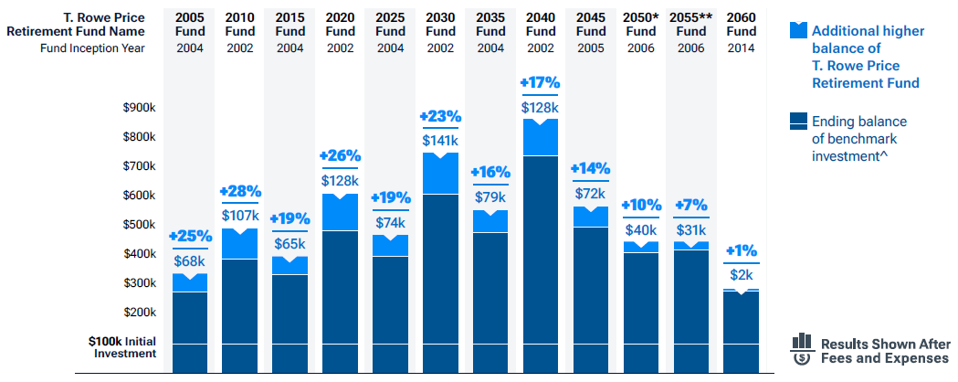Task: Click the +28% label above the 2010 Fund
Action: [x=240, y=191]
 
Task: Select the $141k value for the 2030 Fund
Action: [x=441, y=141]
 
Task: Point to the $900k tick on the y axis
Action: [x=139, y=108]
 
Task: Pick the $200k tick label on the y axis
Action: [x=139, y=313]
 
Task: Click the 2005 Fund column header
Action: [x=190, y=25]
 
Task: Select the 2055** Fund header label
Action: [x=691, y=25]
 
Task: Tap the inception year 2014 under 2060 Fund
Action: [x=741, y=48]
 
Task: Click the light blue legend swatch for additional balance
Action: [x=798, y=30]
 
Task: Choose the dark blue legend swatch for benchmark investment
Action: [x=798, y=121]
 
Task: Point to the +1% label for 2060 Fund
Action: [x=741, y=250]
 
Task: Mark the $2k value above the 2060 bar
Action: [x=741, y=274]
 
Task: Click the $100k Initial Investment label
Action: [x=122, y=346]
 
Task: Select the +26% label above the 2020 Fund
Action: [x=341, y=154]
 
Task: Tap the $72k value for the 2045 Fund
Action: [x=591, y=194]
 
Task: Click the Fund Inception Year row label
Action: [x=92, y=48]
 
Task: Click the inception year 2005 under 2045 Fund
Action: [x=591, y=48]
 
